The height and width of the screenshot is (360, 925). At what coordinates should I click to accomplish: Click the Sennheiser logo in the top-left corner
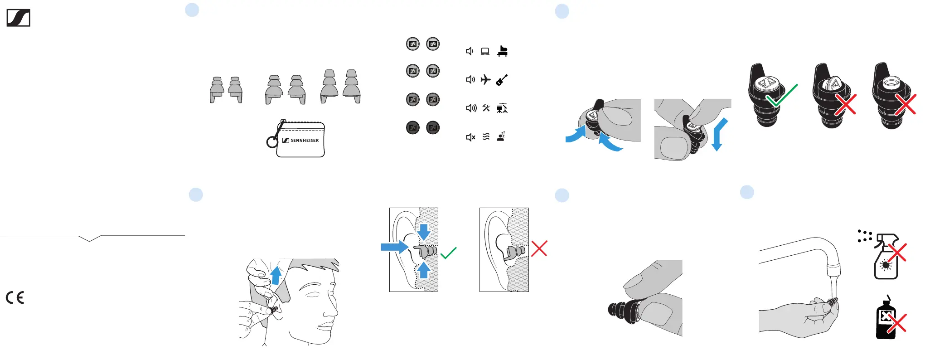[18, 18]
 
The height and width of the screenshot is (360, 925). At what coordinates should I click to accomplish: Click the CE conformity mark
[15, 297]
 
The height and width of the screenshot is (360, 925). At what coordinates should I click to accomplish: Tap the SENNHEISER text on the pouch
[305, 141]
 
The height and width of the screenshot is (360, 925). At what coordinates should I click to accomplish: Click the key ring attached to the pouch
[272, 142]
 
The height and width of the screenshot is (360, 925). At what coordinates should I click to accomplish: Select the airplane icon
[485, 80]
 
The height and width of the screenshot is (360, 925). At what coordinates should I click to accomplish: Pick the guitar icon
[502, 80]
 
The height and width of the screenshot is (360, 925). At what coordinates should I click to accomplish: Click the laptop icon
[485, 51]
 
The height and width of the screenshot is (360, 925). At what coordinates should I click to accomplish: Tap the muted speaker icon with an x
[471, 137]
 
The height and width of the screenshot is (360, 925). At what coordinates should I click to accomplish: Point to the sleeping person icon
[501, 136]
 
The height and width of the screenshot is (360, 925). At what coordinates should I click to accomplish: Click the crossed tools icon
[486, 108]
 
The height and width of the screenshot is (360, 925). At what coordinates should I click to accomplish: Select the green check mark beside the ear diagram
[448, 253]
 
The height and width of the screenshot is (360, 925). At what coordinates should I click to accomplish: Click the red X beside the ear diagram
[539, 248]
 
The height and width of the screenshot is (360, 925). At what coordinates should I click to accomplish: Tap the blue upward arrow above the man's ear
[276, 275]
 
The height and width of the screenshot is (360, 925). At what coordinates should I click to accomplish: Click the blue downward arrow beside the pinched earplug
[719, 135]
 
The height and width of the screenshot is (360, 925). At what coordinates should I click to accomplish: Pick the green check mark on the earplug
[781, 95]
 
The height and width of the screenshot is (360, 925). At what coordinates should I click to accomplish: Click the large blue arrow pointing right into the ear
[395, 247]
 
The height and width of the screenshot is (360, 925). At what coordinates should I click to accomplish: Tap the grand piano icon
[502, 51]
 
